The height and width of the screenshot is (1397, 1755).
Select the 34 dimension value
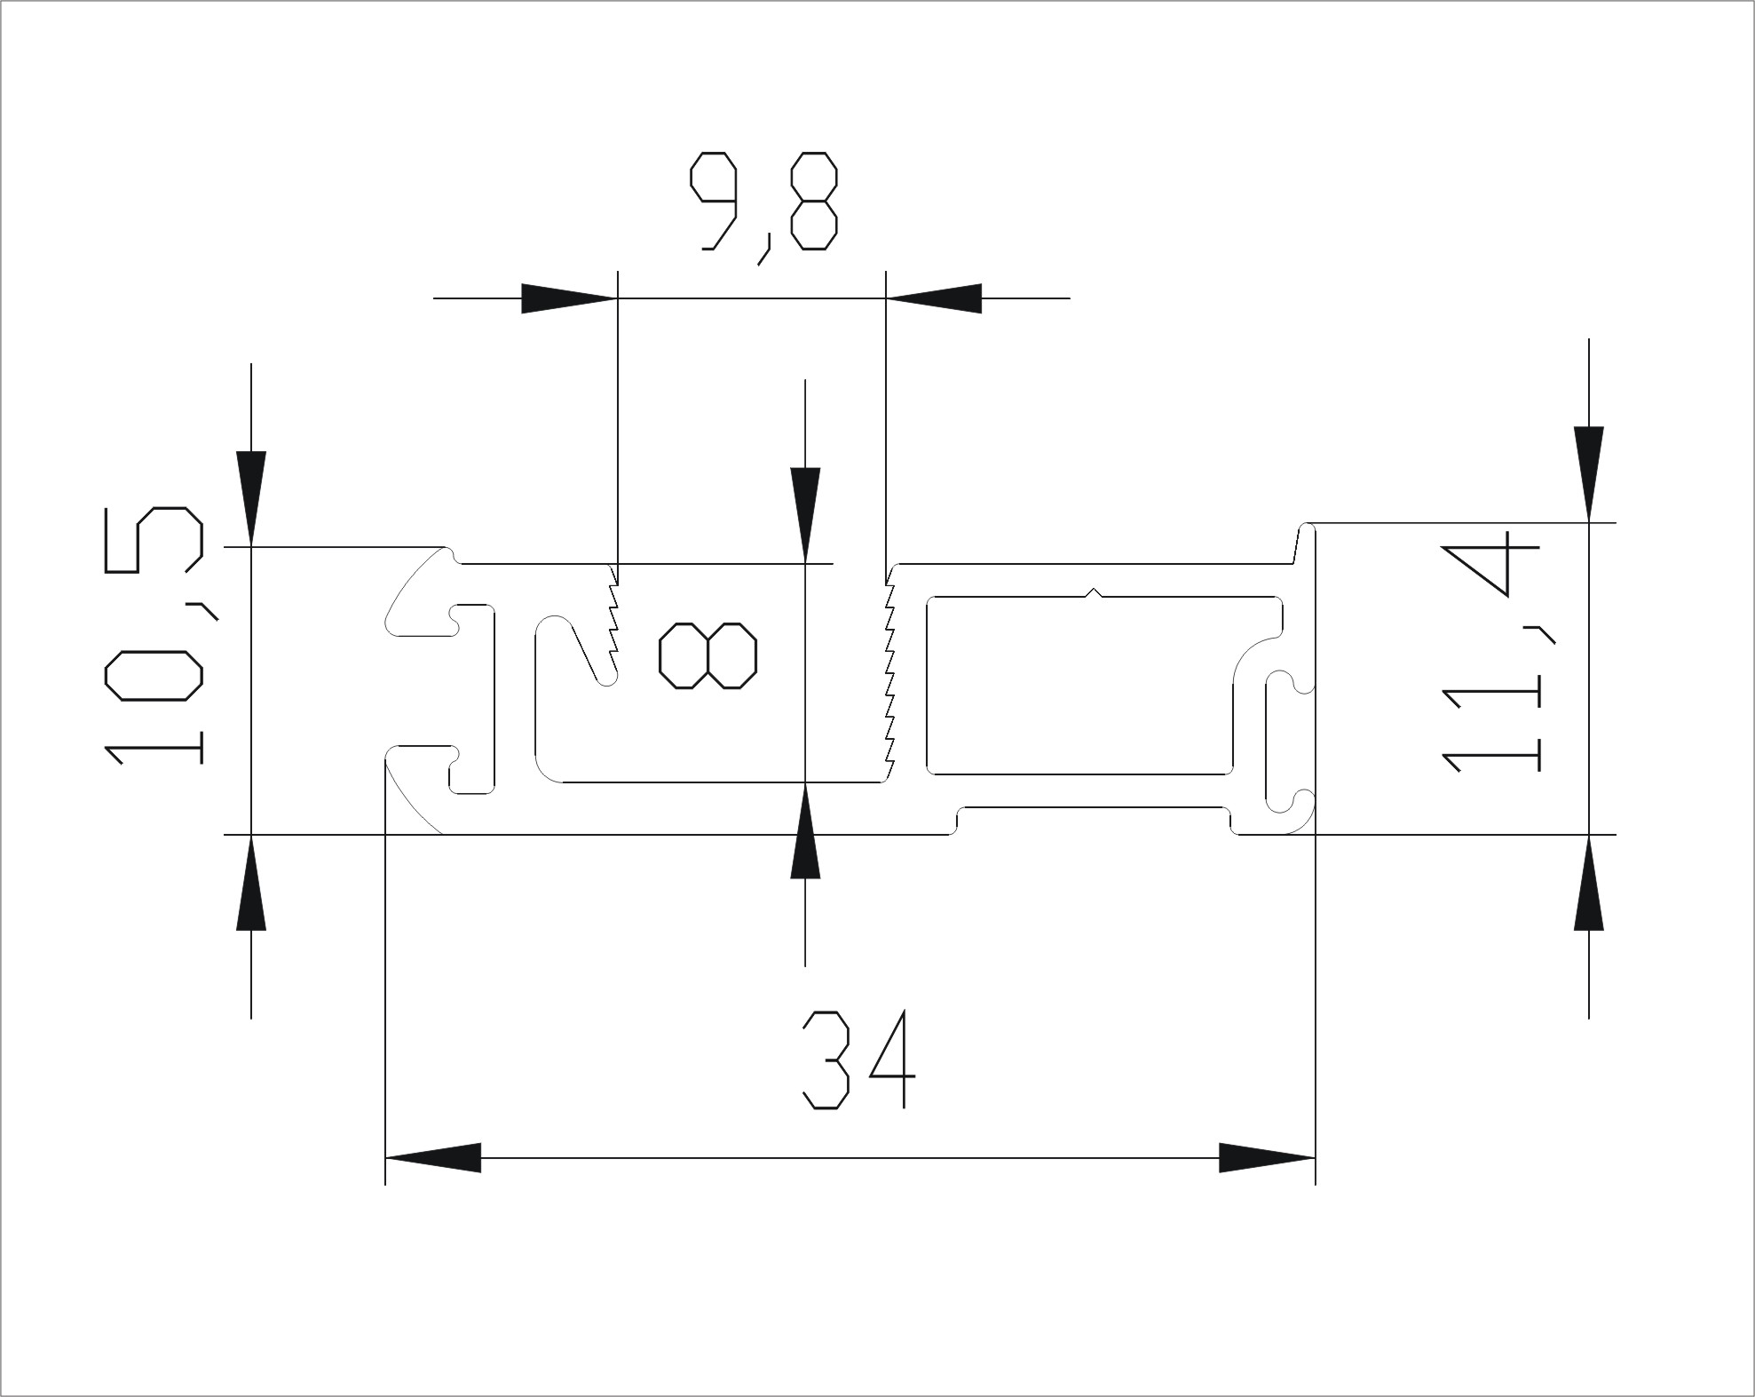[858, 1060]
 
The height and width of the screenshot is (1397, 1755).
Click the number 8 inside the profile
[708, 655]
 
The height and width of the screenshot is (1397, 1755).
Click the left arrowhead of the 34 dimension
[433, 1158]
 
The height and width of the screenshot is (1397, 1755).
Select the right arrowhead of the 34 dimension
[1266, 1158]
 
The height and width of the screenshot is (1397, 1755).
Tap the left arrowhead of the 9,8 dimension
[568, 298]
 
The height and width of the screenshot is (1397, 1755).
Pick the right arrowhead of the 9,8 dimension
[935, 298]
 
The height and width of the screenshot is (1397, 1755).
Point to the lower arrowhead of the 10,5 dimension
[251, 883]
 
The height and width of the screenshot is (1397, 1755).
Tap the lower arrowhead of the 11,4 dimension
[1588, 883]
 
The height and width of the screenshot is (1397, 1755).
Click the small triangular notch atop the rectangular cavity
[1095, 592]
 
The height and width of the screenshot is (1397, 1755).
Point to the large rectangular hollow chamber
[1079, 684]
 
